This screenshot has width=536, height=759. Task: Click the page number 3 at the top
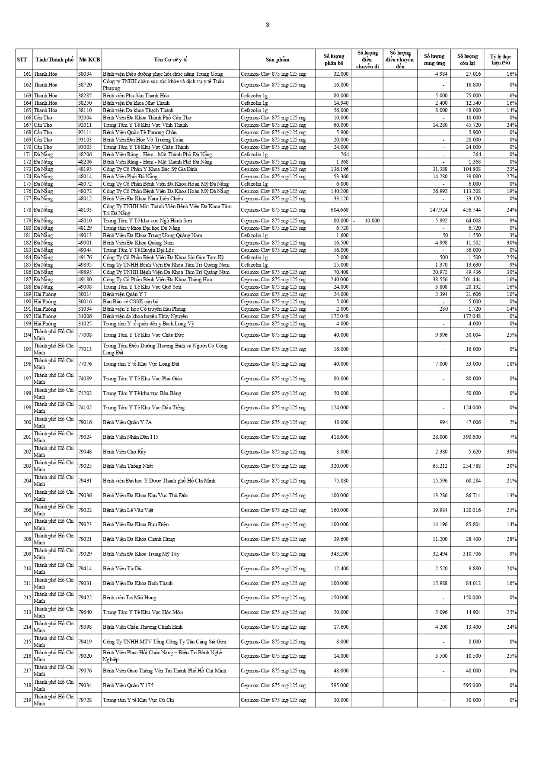click(267, 25)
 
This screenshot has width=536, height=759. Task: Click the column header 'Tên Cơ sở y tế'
click(170, 60)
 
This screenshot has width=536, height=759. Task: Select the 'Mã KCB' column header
click(89, 60)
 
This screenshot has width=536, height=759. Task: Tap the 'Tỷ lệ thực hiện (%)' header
click(501, 60)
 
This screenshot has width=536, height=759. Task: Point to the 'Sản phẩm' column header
click(277, 60)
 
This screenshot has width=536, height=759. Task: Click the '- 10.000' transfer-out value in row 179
click(367, 221)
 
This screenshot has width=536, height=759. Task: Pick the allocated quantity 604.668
click(339, 210)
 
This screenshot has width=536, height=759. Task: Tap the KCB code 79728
click(85, 700)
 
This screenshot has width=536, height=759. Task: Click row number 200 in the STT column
click(27, 422)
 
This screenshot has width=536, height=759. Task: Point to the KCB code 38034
click(85, 74)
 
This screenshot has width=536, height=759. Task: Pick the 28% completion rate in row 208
click(511, 539)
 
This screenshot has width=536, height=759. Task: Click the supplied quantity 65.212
click(438, 466)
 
